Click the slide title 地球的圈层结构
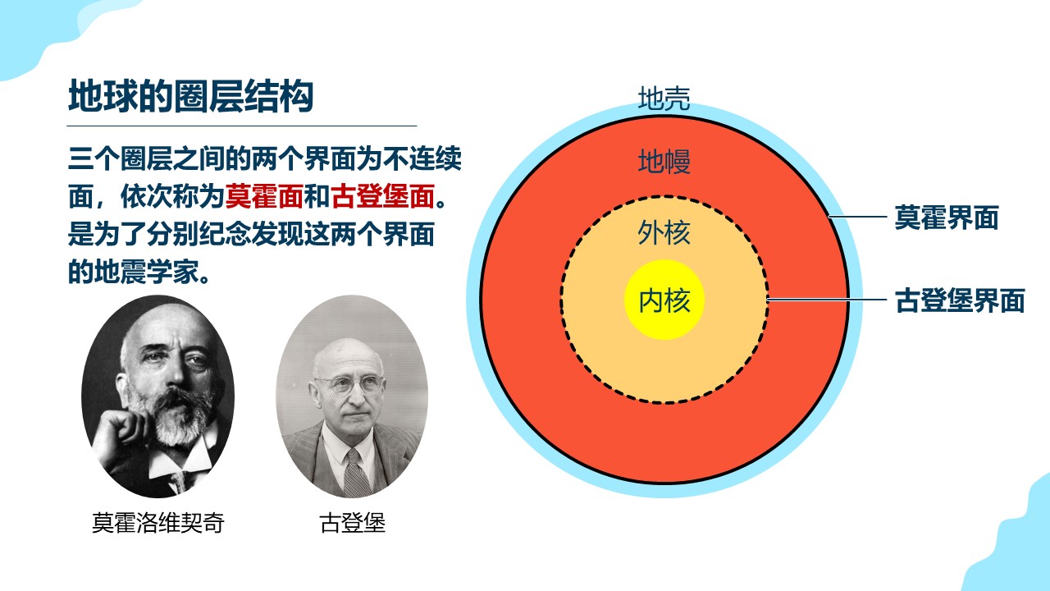[191, 96]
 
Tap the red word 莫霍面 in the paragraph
[264, 196]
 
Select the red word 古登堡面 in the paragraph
[383, 196]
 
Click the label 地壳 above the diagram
[664, 98]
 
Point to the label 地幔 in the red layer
[664, 162]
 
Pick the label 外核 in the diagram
[664, 232]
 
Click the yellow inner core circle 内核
[664, 300]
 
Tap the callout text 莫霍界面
[947, 218]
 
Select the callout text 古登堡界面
[960, 300]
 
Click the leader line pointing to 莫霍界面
[858, 217]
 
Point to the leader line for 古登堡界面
[827, 299]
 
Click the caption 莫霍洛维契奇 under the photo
[158, 523]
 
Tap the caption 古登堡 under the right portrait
[353, 523]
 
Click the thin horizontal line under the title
[242, 126]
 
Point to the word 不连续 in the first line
[422, 158]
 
